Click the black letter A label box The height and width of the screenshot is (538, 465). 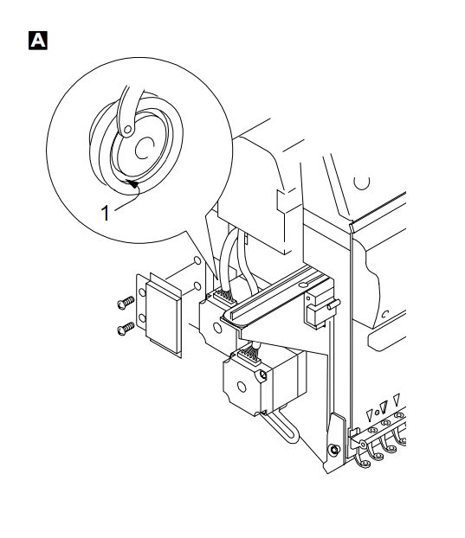tap(38, 41)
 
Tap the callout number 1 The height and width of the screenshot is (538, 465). tap(106, 213)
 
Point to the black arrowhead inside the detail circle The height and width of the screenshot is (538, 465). tap(132, 183)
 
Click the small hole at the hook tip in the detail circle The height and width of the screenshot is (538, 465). tap(127, 130)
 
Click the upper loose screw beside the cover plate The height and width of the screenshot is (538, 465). tap(126, 303)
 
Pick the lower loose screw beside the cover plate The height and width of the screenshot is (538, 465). tap(126, 329)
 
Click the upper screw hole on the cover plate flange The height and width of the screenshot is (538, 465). tap(142, 292)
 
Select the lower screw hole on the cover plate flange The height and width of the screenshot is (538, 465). tap(142, 318)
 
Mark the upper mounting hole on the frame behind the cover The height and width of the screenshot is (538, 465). tap(197, 260)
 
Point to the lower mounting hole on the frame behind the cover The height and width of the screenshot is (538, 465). tap(197, 286)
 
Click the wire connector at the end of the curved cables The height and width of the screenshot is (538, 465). tap(224, 298)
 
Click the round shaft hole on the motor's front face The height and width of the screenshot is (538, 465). tap(242, 387)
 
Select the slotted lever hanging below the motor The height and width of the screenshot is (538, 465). tap(280, 426)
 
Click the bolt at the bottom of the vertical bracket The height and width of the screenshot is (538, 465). tap(333, 450)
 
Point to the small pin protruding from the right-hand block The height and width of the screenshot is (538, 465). tap(333, 304)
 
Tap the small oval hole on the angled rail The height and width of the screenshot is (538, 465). tap(303, 285)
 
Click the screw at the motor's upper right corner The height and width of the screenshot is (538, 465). tap(263, 375)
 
